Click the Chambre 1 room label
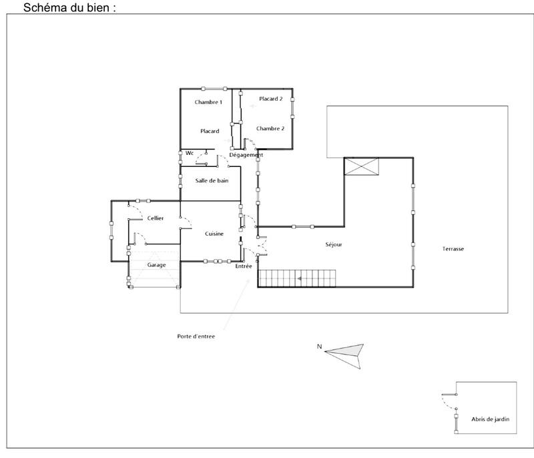click(x=208, y=102)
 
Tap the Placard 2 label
click(x=271, y=99)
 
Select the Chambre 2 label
click(x=270, y=128)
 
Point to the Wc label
click(x=190, y=153)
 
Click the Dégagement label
click(x=246, y=155)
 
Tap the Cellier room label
click(x=155, y=218)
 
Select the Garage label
click(x=156, y=264)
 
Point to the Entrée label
click(x=244, y=266)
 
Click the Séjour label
click(x=333, y=245)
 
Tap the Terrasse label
click(x=453, y=249)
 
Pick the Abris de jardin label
click(x=490, y=419)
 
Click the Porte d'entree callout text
click(x=196, y=336)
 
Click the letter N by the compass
click(x=320, y=346)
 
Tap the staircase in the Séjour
click(x=297, y=278)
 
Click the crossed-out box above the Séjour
click(x=361, y=166)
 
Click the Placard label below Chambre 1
click(x=210, y=131)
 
